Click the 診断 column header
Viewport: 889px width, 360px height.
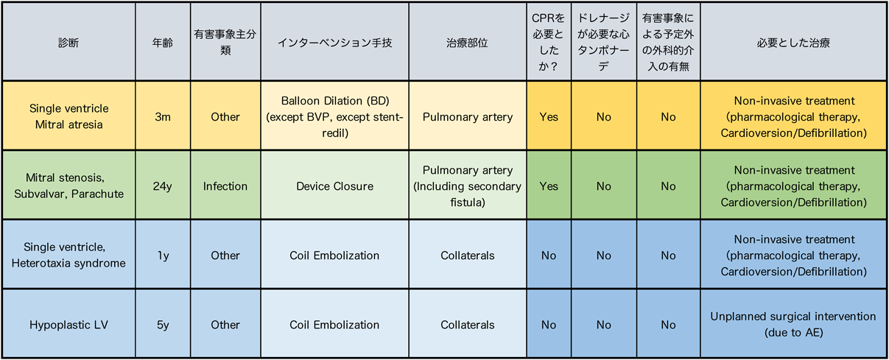point(68,43)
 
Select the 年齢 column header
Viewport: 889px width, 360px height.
point(163,43)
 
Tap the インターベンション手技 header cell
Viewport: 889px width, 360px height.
point(334,43)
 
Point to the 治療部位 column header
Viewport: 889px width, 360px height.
point(467,43)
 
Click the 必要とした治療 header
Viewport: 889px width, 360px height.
point(793,43)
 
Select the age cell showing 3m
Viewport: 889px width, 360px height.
point(163,116)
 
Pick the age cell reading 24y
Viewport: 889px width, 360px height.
point(163,186)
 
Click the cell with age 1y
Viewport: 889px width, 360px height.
point(163,255)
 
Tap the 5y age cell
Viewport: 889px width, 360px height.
point(163,325)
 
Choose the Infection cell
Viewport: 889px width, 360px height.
point(225,186)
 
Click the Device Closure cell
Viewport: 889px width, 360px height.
point(334,186)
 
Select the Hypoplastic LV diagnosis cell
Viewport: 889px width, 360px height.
point(68,325)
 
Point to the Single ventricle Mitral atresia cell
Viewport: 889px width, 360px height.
point(68,116)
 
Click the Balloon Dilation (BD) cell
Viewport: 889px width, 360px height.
point(334,116)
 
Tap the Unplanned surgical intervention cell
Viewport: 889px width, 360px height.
point(793,325)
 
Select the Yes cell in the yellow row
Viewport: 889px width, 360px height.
point(549,116)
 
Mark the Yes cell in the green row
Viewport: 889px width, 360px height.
point(549,186)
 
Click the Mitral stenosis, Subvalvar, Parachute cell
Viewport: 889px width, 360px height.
point(68,186)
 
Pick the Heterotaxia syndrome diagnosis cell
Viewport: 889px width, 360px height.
point(68,255)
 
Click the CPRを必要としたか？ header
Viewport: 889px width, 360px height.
point(549,42)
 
